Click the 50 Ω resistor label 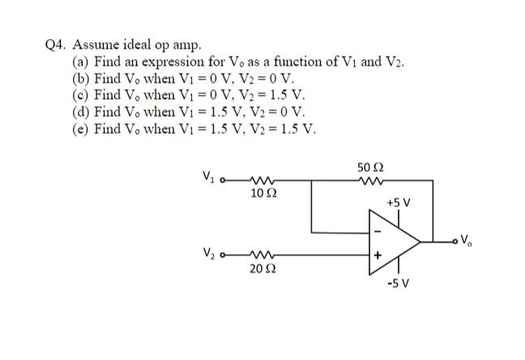[x=367, y=167]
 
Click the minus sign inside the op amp [x=376, y=231]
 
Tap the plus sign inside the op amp [x=378, y=255]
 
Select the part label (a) [x=81, y=62]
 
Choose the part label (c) [x=81, y=96]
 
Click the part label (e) [x=81, y=129]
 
